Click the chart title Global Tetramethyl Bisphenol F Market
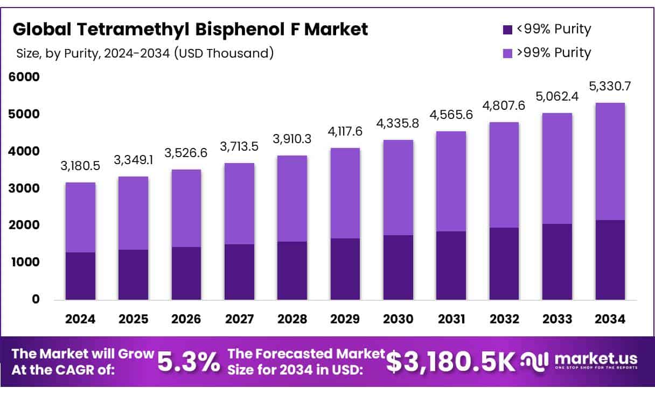point(191,30)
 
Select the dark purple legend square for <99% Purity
point(507,30)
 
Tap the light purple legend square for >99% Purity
point(507,53)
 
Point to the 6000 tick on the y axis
point(24,77)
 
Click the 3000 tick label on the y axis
point(24,188)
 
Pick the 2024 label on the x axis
point(80,319)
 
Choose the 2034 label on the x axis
point(610,319)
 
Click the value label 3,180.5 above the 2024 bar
point(80,166)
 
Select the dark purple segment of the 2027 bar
point(239,272)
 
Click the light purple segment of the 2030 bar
point(398,187)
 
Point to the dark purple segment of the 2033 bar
point(557,262)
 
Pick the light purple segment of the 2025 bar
point(133,213)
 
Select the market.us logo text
point(595,359)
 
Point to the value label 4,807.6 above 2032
point(504,106)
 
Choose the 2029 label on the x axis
point(345,319)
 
